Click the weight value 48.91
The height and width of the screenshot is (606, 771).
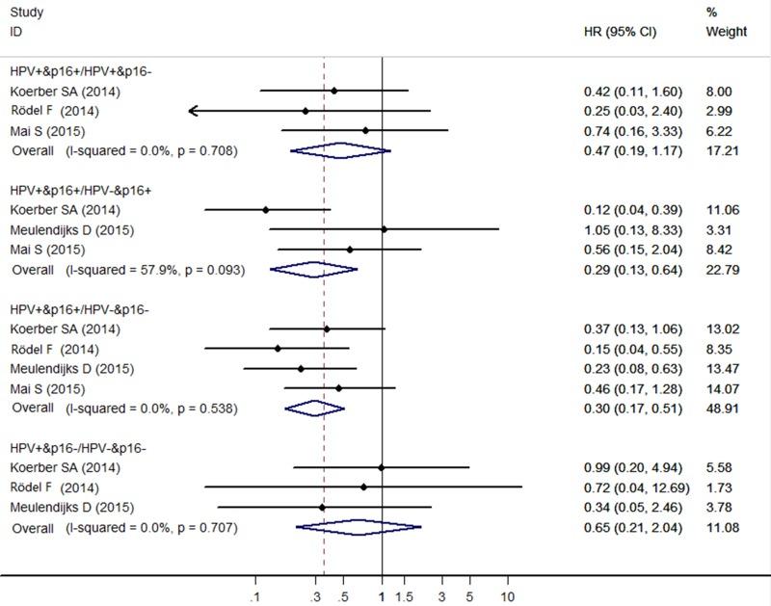click(722, 408)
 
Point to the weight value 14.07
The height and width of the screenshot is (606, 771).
click(722, 389)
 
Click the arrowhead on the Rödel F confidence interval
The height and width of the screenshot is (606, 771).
click(194, 112)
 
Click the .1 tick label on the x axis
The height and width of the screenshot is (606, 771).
click(255, 595)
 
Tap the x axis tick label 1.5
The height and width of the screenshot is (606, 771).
click(405, 595)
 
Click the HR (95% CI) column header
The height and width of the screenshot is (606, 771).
click(620, 31)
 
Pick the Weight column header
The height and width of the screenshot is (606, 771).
click(727, 31)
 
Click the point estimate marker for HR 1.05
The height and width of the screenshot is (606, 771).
click(385, 229)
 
